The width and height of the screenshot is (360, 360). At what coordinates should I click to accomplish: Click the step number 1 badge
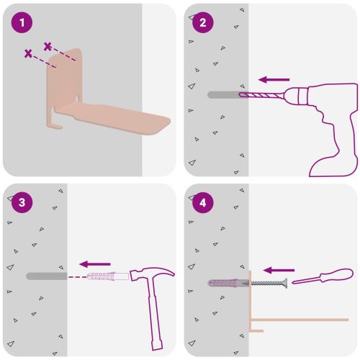pyautogui.click(x=22, y=22)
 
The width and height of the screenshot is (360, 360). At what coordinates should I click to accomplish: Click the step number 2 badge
pyautogui.click(x=203, y=22)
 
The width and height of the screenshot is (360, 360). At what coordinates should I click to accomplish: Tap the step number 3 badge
pyautogui.click(x=22, y=202)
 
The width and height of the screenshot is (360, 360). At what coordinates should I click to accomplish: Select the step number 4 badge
pyautogui.click(x=203, y=202)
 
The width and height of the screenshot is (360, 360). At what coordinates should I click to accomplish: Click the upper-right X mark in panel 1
pyautogui.click(x=48, y=46)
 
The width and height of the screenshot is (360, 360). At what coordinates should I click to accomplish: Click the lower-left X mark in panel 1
pyautogui.click(x=28, y=53)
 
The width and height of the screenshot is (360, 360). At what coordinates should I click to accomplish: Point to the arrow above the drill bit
pyautogui.click(x=274, y=80)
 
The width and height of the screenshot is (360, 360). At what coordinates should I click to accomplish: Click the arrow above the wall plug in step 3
pyautogui.click(x=95, y=264)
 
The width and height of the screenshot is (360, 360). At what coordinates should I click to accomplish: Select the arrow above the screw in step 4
pyautogui.click(x=279, y=270)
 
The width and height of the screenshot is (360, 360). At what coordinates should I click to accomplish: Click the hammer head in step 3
pyautogui.click(x=152, y=273)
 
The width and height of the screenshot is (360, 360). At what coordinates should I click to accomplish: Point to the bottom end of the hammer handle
pyautogui.click(x=158, y=346)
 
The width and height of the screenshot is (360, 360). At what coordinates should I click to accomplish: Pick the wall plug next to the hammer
pyautogui.click(x=108, y=276)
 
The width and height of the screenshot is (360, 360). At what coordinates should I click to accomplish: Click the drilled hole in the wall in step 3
pyautogui.click(x=46, y=276)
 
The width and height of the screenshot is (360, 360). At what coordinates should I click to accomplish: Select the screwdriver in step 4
pyautogui.click(x=323, y=276)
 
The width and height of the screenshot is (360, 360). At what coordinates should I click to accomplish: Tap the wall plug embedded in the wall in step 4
pyautogui.click(x=228, y=283)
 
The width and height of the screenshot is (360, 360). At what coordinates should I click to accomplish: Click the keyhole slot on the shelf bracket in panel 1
pyautogui.click(x=78, y=98)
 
